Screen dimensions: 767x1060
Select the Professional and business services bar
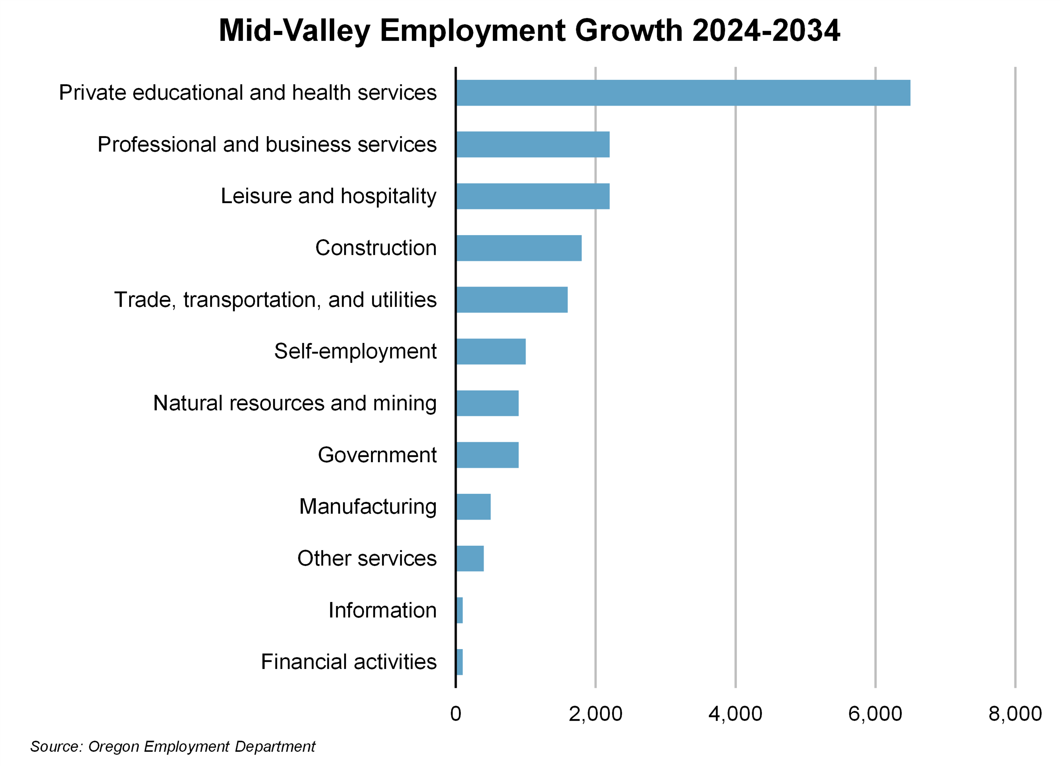(533, 144)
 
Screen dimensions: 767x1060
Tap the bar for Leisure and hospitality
(533, 196)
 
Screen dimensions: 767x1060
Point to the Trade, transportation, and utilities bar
(512, 300)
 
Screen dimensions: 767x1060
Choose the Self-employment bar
(491, 352)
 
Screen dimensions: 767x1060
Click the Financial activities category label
(349, 662)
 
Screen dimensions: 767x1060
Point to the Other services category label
(367, 559)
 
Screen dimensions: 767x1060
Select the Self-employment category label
(355, 352)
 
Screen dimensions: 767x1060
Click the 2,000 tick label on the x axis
(595, 714)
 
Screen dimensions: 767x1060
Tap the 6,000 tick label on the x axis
(875, 714)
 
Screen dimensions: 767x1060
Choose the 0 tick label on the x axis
(456, 714)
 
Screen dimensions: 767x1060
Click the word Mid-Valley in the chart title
(295, 31)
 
